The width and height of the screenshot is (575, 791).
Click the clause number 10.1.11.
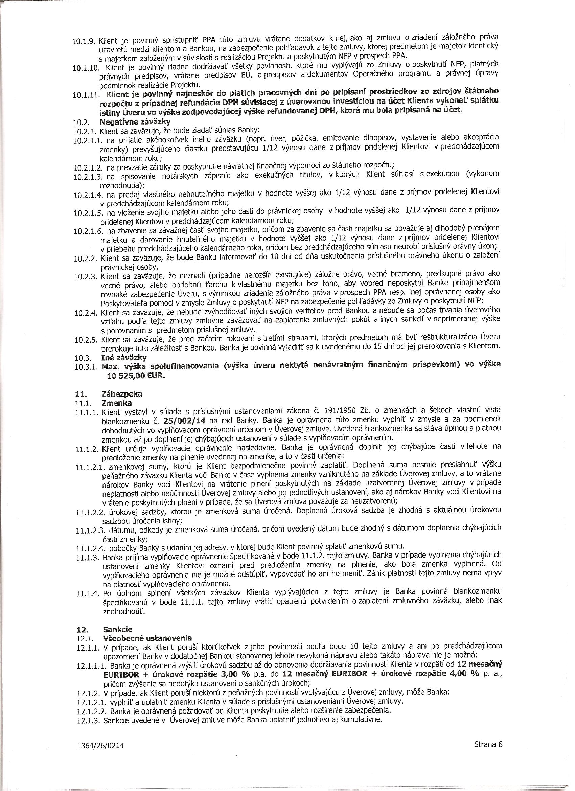pos(86,94)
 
